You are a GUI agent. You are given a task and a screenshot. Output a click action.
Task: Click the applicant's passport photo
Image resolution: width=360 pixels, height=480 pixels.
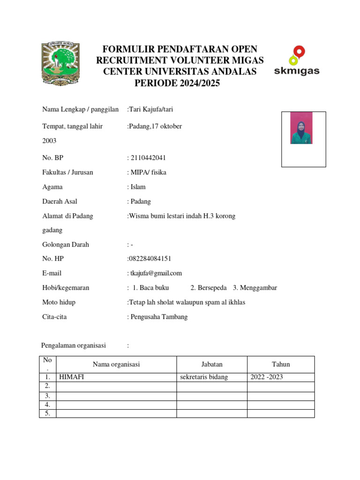point(301,128)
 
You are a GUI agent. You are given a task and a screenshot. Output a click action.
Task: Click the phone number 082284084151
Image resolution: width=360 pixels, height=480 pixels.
point(150,259)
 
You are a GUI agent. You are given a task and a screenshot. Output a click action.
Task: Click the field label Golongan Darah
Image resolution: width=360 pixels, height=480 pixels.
point(66,244)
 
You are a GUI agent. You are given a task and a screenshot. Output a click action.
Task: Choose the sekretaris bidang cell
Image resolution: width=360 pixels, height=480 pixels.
point(204,377)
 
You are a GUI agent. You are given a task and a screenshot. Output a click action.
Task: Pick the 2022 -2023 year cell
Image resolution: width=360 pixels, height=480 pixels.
point(267,377)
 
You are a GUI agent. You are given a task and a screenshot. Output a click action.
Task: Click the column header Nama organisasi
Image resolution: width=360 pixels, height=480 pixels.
point(116,364)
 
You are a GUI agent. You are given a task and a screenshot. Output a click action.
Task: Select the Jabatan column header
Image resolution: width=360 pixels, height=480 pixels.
point(212,364)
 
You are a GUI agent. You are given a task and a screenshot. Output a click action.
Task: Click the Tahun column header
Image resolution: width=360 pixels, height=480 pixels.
point(281,364)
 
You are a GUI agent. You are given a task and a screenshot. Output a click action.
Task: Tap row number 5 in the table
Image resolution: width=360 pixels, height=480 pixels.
point(47,413)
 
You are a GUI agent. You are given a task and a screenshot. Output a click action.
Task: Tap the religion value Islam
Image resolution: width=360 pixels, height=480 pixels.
point(138,187)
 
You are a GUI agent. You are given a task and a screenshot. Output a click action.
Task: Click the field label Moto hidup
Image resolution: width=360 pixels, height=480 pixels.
point(59,302)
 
